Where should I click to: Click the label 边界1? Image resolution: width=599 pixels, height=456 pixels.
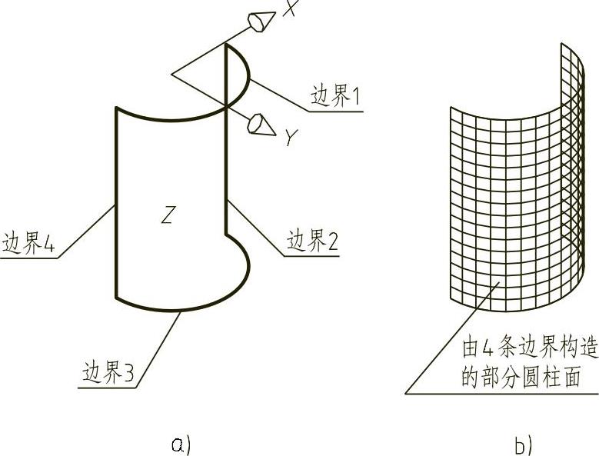335,97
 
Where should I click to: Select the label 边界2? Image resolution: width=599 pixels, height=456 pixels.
313,241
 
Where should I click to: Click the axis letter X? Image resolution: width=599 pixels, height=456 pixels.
290,8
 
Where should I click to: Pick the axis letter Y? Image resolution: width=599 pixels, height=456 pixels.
290,138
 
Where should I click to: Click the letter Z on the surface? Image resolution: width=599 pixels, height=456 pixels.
167,216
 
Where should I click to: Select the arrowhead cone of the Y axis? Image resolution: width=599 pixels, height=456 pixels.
261,125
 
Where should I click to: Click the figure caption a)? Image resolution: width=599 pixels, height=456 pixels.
181,444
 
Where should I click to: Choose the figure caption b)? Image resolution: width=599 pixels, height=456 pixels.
523,444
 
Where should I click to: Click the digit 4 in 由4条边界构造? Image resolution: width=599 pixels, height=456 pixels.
487,348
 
